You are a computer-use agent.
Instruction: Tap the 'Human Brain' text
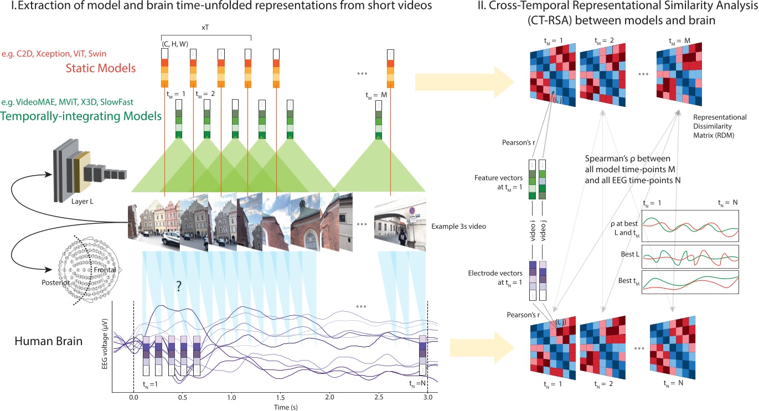pos(49,341)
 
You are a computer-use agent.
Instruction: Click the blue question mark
pos(179,286)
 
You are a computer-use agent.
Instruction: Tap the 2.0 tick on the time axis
pos(329,398)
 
